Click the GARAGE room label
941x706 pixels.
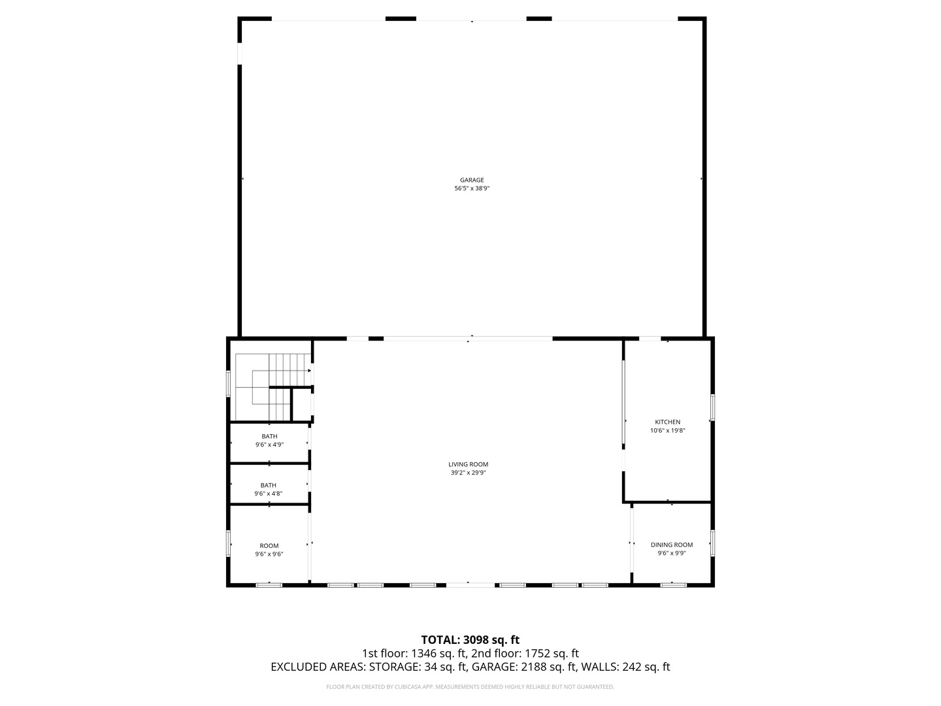pyautogui.click(x=471, y=180)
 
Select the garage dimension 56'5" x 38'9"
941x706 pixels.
pyautogui.click(x=471, y=188)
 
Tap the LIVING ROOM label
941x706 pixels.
pyautogui.click(x=469, y=465)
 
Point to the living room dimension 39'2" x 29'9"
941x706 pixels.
pyautogui.click(x=469, y=473)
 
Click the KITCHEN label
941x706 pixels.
pyautogui.click(x=667, y=422)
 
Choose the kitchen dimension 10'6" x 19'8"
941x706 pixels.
pyautogui.click(x=667, y=430)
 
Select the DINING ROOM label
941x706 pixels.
pyautogui.click(x=671, y=545)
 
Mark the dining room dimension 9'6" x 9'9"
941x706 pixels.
pyautogui.click(x=671, y=553)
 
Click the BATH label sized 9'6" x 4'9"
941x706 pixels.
pyautogui.click(x=269, y=436)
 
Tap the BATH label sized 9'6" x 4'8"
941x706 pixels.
pyautogui.click(x=268, y=485)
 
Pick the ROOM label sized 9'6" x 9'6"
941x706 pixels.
pyautogui.click(x=269, y=546)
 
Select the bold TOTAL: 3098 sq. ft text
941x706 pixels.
pyautogui.click(x=470, y=639)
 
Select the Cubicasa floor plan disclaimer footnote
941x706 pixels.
pyautogui.click(x=470, y=687)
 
